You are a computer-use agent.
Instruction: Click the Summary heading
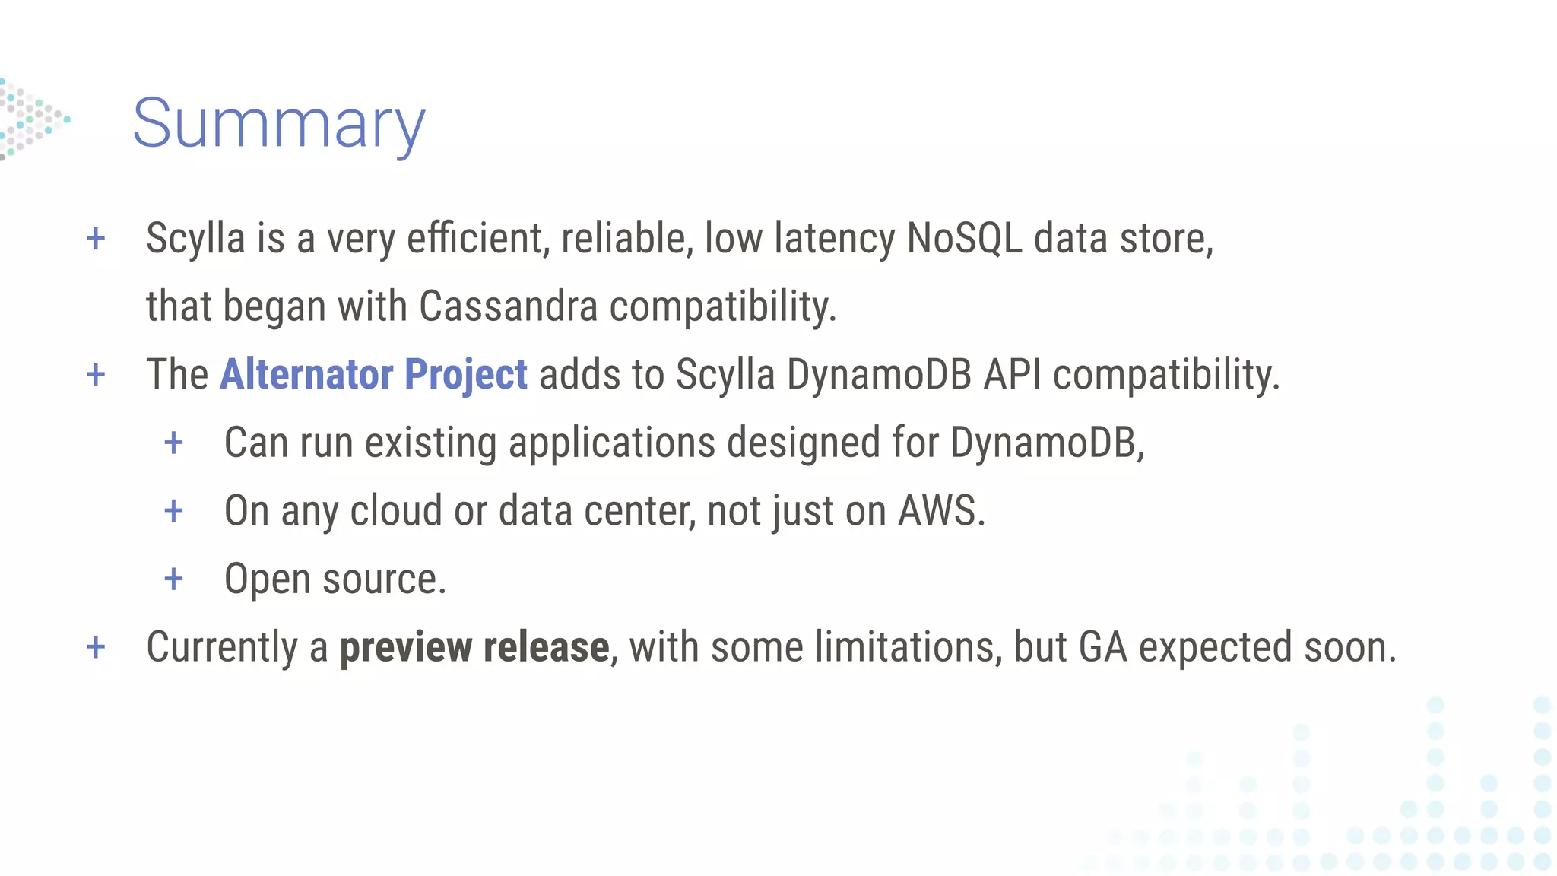pyautogui.click(x=279, y=123)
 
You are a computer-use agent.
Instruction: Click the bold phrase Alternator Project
pyautogui.click(x=373, y=374)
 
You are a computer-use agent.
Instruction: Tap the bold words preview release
pyautogui.click(x=474, y=647)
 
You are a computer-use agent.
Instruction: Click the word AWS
pyautogui.click(x=940, y=510)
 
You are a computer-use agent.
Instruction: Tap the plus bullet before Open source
pyautogui.click(x=174, y=579)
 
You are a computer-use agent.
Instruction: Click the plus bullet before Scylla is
pyautogui.click(x=96, y=239)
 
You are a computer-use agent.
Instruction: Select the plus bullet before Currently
pyautogui.click(x=96, y=648)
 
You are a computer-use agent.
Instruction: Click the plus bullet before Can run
pyautogui.click(x=174, y=443)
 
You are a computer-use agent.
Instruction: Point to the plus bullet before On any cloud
pyautogui.click(x=174, y=511)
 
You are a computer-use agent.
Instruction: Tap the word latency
pyautogui.click(x=835, y=238)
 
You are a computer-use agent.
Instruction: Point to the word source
pyautogui.click(x=384, y=579)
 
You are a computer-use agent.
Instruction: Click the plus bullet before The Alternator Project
pyautogui.click(x=96, y=375)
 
